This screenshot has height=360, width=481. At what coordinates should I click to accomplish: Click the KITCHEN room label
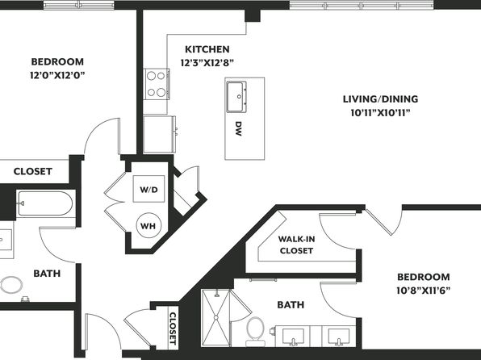click(207, 49)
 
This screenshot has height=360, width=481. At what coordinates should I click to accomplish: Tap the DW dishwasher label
click(238, 128)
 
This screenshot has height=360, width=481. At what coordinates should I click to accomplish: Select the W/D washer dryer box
click(148, 189)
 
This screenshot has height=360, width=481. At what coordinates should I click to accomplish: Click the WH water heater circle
click(148, 226)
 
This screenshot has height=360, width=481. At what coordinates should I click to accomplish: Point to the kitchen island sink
click(236, 97)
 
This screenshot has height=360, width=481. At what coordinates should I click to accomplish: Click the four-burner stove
click(157, 84)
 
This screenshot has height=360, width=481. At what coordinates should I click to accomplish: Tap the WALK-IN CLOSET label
click(296, 245)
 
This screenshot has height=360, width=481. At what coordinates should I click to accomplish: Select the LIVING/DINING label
click(380, 98)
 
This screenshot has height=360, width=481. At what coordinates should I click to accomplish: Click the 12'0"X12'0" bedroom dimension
click(57, 75)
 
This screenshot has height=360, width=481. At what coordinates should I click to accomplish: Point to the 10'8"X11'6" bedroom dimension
click(424, 291)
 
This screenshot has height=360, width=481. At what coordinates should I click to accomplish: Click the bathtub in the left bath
click(45, 203)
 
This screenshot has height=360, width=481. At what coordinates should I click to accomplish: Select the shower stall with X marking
click(215, 318)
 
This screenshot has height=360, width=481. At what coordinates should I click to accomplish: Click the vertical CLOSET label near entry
click(173, 329)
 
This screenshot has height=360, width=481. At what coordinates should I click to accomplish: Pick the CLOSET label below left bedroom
click(33, 171)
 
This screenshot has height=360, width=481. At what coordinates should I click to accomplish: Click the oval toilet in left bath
click(11, 285)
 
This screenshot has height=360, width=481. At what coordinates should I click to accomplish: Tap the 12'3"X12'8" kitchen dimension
click(207, 63)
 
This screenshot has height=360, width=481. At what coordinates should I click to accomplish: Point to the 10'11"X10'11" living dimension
click(380, 113)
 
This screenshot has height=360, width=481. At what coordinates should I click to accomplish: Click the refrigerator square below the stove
click(159, 134)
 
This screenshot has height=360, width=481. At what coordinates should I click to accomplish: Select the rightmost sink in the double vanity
click(339, 337)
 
